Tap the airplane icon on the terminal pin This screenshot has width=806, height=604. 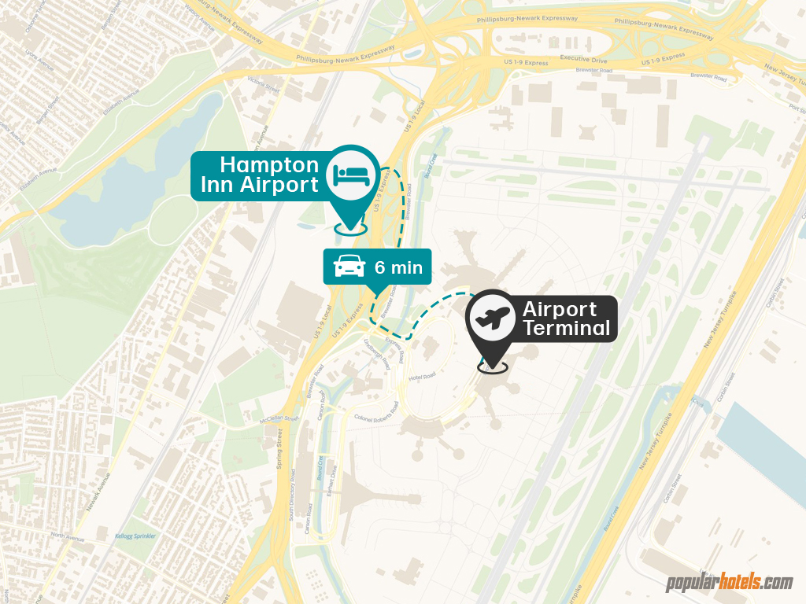pyautogui.click(x=491, y=319)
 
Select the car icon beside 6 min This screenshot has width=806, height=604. pyautogui.click(x=349, y=267)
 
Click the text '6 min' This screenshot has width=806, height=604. pyautogui.click(x=398, y=267)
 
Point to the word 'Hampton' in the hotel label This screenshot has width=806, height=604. pyautogui.click(x=269, y=165)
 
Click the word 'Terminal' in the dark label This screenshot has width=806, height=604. pyautogui.click(x=567, y=328)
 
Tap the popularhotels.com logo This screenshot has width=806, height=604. pyautogui.click(x=730, y=583)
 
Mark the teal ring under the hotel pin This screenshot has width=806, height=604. pyautogui.click(x=351, y=228)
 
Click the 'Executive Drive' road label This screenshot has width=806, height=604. pyautogui.click(x=584, y=59)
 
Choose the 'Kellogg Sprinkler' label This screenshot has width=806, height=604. pyautogui.click(x=135, y=536)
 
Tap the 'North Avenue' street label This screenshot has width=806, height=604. pyautogui.click(x=67, y=539)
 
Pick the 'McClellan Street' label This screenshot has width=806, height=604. pyautogui.click(x=279, y=419)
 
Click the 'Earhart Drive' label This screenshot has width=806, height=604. pyautogui.click(x=332, y=481)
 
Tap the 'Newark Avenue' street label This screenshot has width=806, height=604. pyautogui.click(x=99, y=492)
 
